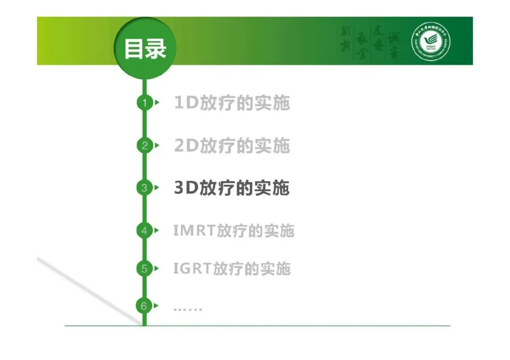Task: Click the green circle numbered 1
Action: (144, 102)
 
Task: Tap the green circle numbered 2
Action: (144, 145)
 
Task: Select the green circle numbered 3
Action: (144, 188)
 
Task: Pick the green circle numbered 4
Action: (144, 231)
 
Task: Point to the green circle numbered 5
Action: (144, 269)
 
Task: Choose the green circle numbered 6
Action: (144, 306)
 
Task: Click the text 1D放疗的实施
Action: (232, 103)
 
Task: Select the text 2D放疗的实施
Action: (232, 146)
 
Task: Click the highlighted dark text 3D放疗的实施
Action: (232, 188)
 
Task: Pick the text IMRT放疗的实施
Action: (234, 231)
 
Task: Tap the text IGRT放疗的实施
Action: (232, 269)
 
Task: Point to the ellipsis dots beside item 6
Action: (187, 309)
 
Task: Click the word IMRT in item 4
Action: (194, 231)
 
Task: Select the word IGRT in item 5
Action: (192, 269)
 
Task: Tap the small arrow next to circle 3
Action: (157, 188)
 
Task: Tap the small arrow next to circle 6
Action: (157, 306)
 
